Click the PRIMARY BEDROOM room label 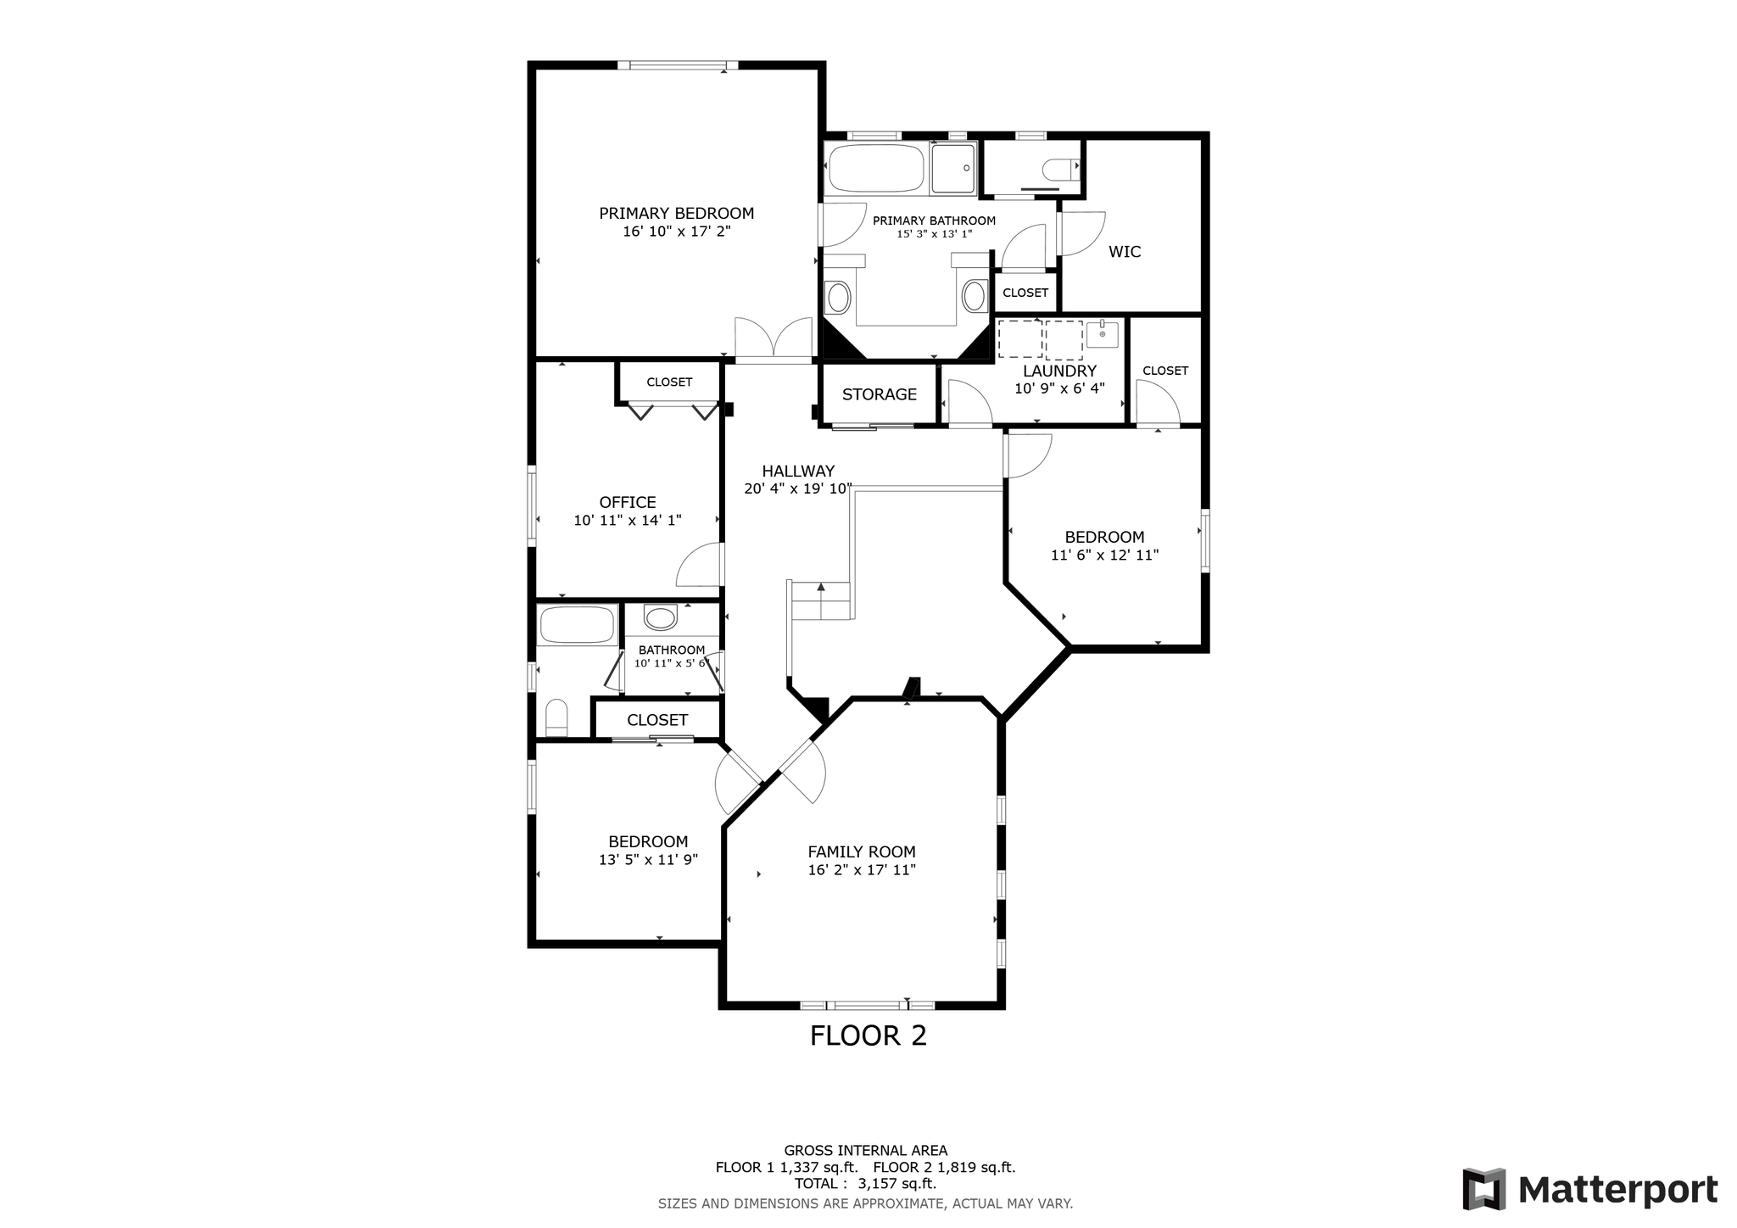click(676, 214)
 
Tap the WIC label click(1125, 252)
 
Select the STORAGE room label click(880, 394)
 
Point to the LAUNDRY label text click(1059, 371)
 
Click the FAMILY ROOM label click(862, 852)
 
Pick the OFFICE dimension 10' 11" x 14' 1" click(628, 521)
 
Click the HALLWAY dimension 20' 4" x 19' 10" click(798, 488)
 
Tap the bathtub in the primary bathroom click(876, 168)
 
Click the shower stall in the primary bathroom click(953, 168)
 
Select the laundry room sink click(1103, 334)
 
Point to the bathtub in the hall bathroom click(577, 626)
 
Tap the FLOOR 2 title click(868, 1035)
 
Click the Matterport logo click(1590, 1191)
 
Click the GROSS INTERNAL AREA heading click(866, 1151)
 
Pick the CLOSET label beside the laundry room click(1165, 371)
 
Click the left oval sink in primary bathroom click(839, 298)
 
